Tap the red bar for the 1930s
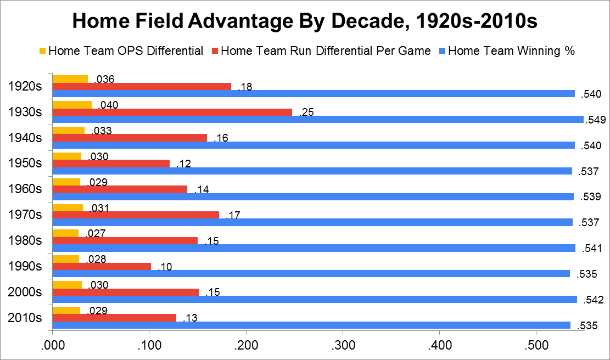coord(172,113)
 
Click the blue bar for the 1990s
coord(311,274)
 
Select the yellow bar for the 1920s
coord(70,79)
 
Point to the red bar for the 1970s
coord(135,215)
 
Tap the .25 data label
coord(306,113)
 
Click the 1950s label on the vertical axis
coord(26,163)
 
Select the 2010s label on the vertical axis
coord(26,318)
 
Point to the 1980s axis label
coord(26,240)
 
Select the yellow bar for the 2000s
coord(67,285)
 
